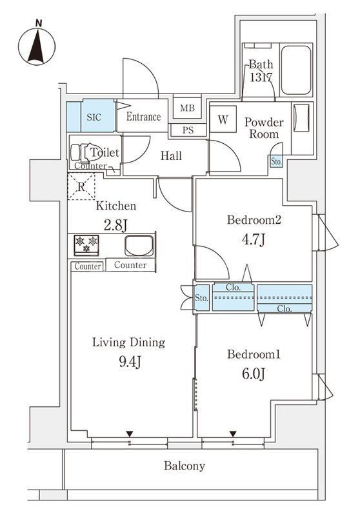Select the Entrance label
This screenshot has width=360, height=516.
pyautogui.click(x=143, y=117)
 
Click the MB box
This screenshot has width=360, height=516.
pyautogui.click(x=187, y=108)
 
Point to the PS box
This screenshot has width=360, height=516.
pyautogui.click(x=188, y=130)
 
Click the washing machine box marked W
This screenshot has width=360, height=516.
pyautogui.click(x=223, y=119)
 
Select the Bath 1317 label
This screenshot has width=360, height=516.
pyautogui.click(x=261, y=70)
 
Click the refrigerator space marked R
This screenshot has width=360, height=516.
pyautogui.click(x=82, y=187)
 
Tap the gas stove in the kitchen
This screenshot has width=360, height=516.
pyautogui.click(x=86, y=244)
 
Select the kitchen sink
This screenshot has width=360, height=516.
pyautogui.click(x=138, y=246)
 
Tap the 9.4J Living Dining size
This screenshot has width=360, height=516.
pyautogui.click(x=128, y=361)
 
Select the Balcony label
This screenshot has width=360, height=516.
pyautogui.click(x=184, y=466)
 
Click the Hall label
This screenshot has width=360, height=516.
pyautogui.click(x=171, y=156)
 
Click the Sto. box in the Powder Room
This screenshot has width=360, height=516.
pyautogui.click(x=276, y=162)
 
